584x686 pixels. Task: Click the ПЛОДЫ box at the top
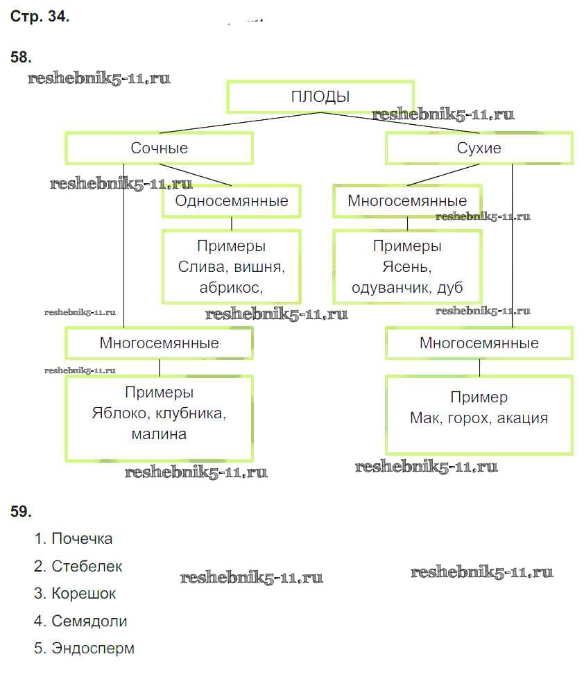(x=320, y=96)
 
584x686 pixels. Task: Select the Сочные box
(x=159, y=148)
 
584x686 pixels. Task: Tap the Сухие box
(x=479, y=148)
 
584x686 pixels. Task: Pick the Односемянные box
(x=232, y=201)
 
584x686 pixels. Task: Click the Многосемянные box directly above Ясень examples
(x=407, y=201)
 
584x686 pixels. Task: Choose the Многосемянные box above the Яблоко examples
(x=159, y=343)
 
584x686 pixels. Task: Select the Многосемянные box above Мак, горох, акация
(x=479, y=343)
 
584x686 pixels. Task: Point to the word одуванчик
(x=390, y=287)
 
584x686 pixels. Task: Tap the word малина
(x=159, y=435)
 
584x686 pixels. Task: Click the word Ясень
(x=405, y=267)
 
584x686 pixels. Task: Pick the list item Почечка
(x=82, y=539)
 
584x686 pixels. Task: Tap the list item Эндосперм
(x=93, y=649)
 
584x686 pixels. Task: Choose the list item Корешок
(x=83, y=594)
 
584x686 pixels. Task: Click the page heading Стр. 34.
(x=40, y=17)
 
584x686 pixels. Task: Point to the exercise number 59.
(x=21, y=512)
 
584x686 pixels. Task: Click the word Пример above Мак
(x=479, y=397)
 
